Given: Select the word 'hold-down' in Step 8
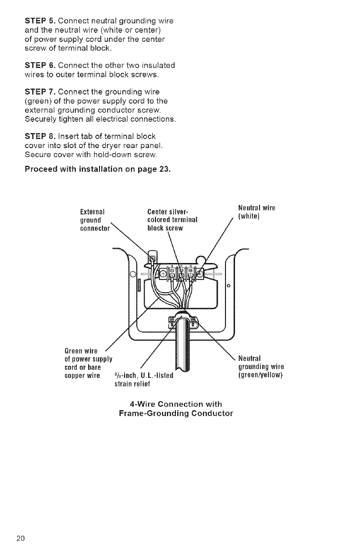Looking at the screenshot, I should click(x=124, y=155).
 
